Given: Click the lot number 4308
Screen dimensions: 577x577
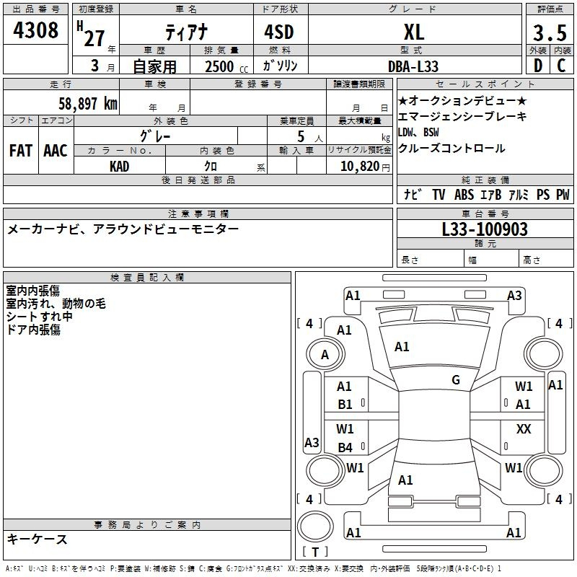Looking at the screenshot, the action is tap(35, 30).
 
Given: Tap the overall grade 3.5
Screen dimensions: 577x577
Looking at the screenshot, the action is tap(550, 33).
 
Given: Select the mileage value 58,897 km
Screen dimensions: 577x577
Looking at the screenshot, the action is tap(88, 104).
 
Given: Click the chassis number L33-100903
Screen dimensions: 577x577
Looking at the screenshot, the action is tap(485, 229).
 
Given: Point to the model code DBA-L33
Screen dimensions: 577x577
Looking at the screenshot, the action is tap(413, 66).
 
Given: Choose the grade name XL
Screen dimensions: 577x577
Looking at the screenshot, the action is tap(414, 32).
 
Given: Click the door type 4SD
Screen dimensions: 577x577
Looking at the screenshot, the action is tap(279, 32).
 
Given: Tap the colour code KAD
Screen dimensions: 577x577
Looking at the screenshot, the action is tap(119, 167).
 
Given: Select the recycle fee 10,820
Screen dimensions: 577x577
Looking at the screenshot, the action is tap(360, 167).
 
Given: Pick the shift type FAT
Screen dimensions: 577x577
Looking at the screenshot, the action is tap(21, 151).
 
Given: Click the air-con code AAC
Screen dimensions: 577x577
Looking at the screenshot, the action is tap(56, 151).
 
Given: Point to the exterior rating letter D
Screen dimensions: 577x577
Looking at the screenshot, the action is tap(538, 66).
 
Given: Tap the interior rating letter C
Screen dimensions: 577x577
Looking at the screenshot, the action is tap(561, 66).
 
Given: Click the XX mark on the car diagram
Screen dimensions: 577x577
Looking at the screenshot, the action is tap(524, 429).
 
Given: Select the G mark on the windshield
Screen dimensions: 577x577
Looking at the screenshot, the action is tap(456, 380).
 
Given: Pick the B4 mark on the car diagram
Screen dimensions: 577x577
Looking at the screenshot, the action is tap(345, 447).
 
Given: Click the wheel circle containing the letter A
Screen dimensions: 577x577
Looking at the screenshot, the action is tap(325, 354).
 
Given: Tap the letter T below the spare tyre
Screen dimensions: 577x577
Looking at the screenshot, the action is tap(315, 552).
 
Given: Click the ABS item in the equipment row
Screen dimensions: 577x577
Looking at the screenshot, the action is tap(464, 195).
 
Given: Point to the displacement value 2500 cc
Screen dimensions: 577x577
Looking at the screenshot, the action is tap(226, 66).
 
